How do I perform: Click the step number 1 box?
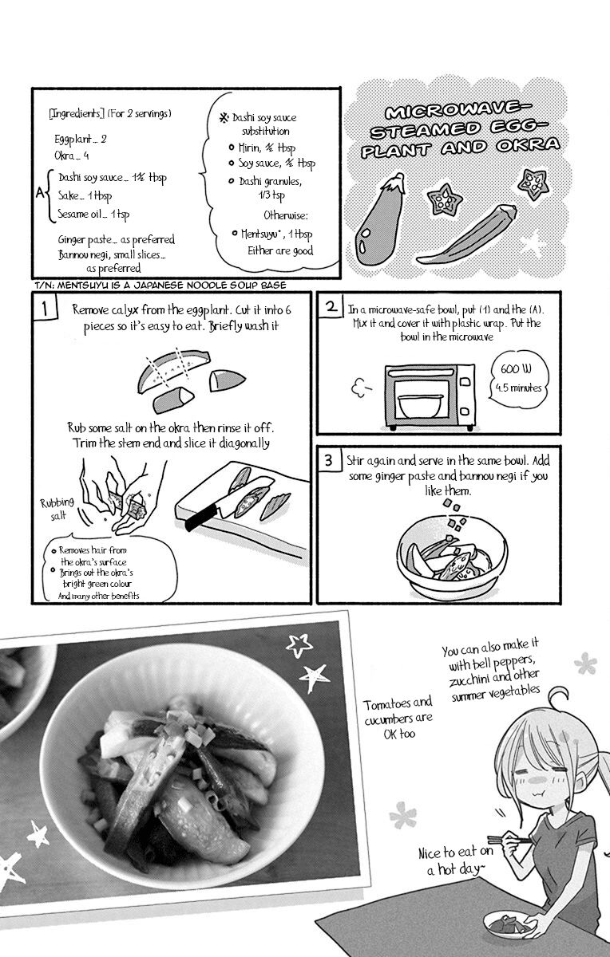tap(45, 308)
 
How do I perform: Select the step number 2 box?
tap(330, 306)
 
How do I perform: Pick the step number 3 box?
tap(328, 459)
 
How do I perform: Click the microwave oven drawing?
tap(430, 397)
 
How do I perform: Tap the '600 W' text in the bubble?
tap(516, 368)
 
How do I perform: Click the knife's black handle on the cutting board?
tap(201, 519)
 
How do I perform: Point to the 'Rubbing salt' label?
tap(57, 509)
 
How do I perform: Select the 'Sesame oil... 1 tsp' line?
tap(93, 214)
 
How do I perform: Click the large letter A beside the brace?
tap(40, 194)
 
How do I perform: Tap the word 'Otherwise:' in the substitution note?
tap(285, 215)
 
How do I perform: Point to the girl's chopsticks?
tap(509, 840)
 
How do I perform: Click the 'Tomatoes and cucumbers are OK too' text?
tap(398, 718)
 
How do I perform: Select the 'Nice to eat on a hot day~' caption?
tap(456, 861)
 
